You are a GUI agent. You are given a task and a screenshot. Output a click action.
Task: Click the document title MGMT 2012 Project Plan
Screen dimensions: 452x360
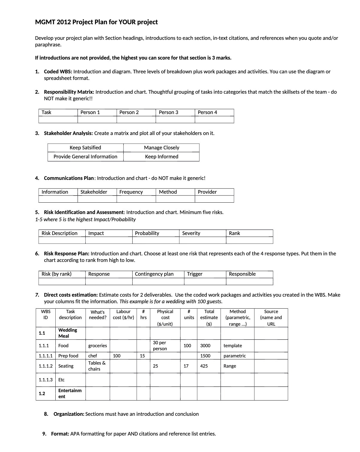click(96, 22)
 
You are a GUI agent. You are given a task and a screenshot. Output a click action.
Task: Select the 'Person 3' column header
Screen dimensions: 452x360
click(168, 112)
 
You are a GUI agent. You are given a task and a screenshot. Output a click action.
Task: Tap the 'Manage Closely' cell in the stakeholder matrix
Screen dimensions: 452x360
click(161, 148)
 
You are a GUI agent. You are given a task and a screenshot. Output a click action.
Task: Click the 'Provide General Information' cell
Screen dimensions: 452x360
click(85, 157)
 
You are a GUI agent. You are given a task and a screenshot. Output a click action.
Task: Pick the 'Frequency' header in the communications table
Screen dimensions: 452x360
click(131, 192)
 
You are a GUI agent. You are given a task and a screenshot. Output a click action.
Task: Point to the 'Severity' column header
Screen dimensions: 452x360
click(191, 233)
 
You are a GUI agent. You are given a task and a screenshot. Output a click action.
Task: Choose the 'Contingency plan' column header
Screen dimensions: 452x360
click(154, 274)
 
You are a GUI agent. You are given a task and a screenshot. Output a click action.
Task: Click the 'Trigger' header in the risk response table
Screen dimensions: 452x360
click(195, 274)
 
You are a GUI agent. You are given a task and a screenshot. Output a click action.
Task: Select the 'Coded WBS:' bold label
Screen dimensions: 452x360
click(58, 72)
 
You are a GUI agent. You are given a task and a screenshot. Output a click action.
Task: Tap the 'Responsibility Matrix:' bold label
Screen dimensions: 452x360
click(69, 92)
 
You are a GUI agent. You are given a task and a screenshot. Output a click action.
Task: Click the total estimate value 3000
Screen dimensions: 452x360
click(205, 346)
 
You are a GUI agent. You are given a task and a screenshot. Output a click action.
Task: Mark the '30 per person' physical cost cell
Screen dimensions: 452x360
click(160, 346)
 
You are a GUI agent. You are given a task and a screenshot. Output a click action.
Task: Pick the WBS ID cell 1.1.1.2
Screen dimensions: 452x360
click(45, 366)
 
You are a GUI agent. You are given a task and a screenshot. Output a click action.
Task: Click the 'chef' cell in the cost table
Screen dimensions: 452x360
click(92, 356)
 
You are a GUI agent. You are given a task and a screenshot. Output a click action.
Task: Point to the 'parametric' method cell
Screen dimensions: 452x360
click(235, 356)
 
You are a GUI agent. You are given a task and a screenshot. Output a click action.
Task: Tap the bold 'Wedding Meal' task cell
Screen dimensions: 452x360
click(68, 333)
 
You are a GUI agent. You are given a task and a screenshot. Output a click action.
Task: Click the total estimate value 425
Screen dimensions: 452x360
click(204, 366)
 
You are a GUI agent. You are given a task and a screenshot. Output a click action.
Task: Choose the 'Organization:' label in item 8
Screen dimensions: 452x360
click(69, 414)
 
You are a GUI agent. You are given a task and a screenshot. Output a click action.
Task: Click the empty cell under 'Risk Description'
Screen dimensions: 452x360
click(62, 240)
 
